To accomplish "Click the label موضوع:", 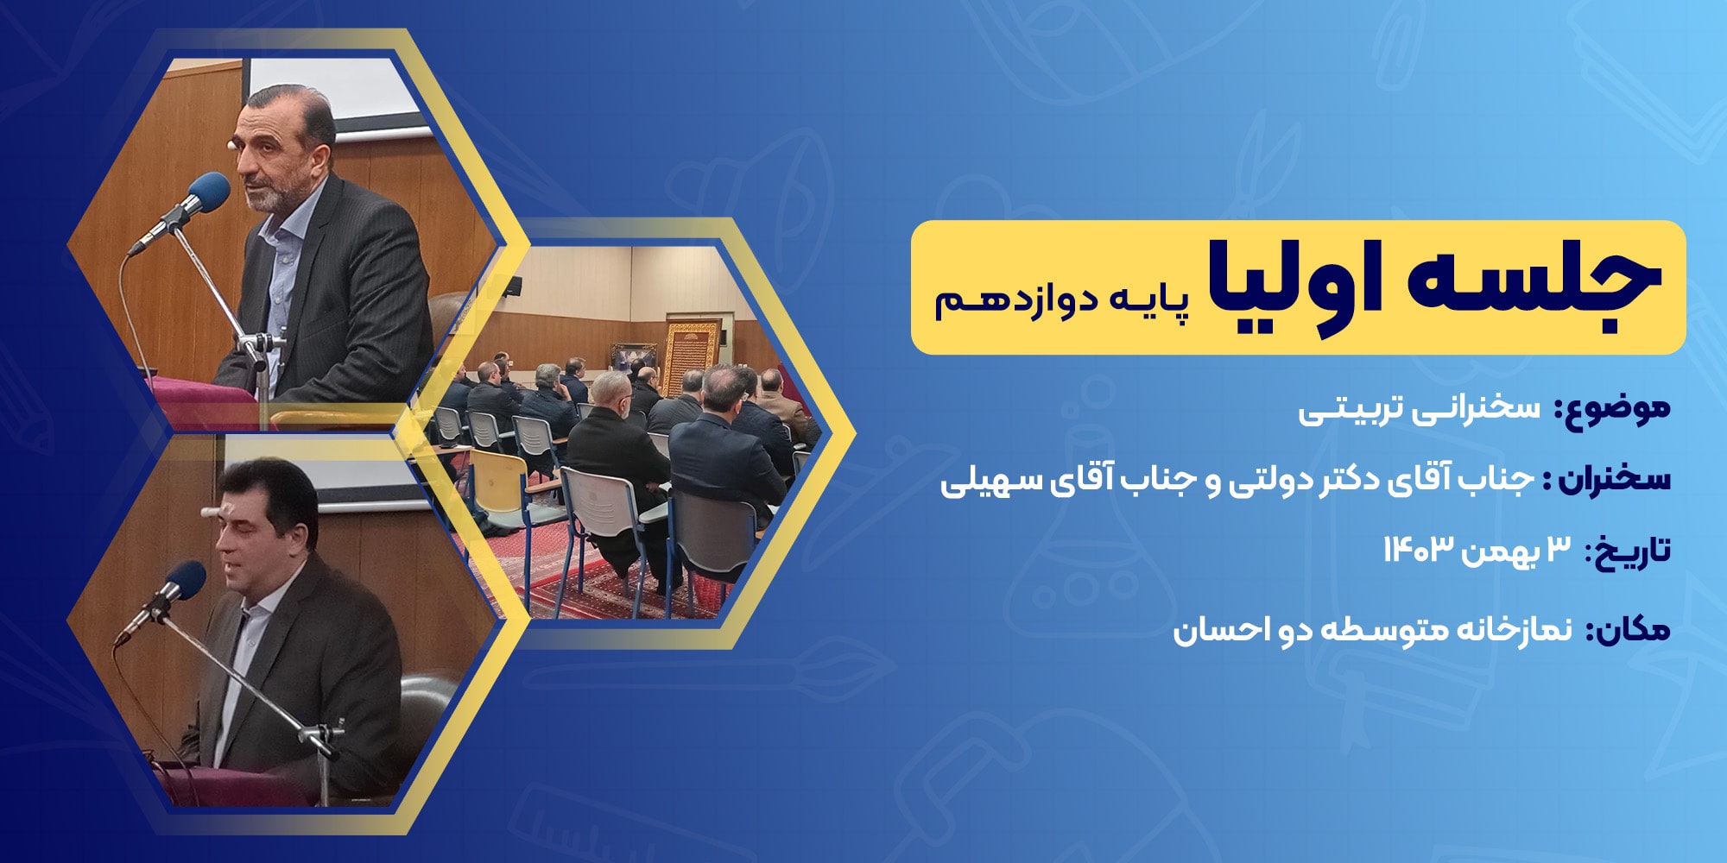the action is click(x=1612, y=409).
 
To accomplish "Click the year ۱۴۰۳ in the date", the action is click(x=1414, y=549).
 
